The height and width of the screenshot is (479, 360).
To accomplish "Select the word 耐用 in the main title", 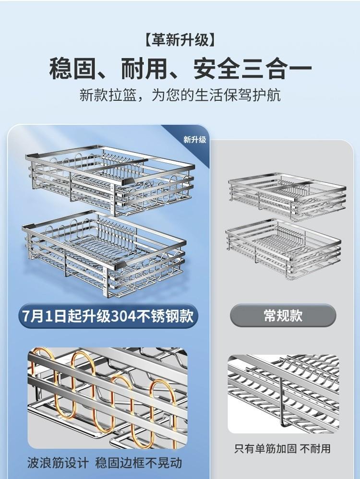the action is pos(144,68).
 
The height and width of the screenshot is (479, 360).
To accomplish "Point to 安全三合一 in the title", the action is pos(253,68).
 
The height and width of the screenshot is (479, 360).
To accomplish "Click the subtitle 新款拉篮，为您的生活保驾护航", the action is pos(180,95).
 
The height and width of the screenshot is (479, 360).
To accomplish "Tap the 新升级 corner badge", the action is pos(194,140).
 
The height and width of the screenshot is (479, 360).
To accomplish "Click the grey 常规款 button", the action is pos(283,315).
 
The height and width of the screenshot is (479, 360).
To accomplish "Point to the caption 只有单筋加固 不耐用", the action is pos(282,449).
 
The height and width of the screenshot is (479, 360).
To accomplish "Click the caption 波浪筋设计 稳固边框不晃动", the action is pos(105,463).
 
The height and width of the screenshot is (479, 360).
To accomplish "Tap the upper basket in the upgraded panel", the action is pos(110,180).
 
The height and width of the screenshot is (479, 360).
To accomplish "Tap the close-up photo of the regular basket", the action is pos(283,394).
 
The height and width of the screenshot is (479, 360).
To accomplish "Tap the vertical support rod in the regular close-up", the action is pos(282,403).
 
